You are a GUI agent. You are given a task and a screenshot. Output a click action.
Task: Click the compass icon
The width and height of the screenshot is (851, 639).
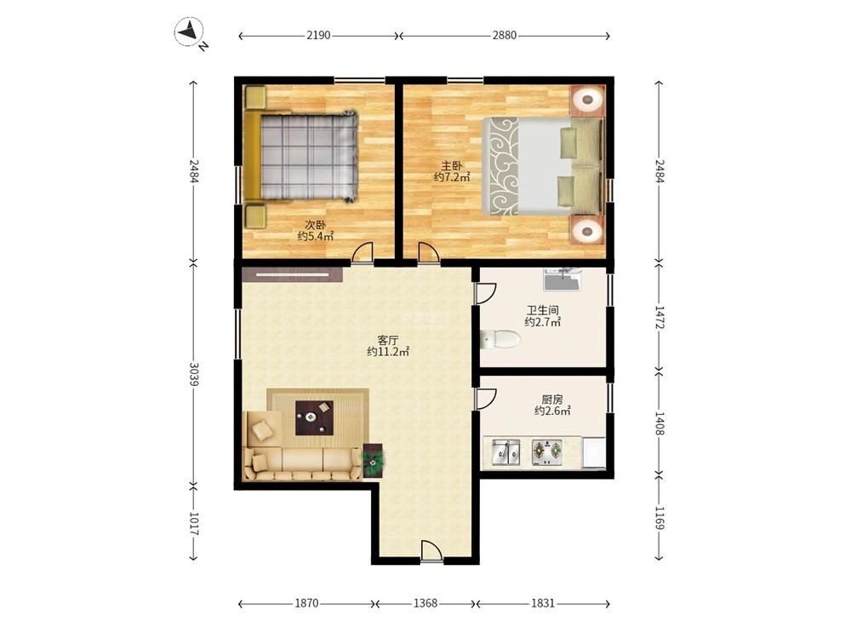pyautogui.click(x=189, y=32)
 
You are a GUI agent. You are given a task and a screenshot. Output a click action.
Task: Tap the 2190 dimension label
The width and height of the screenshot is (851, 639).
pyautogui.click(x=318, y=36)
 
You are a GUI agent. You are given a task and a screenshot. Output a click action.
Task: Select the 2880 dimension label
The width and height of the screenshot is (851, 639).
pyautogui.click(x=504, y=36)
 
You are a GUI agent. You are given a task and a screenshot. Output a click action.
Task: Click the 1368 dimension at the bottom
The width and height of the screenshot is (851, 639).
pyautogui.click(x=425, y=603)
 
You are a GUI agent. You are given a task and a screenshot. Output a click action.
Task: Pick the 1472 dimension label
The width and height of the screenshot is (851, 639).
pyautogui.click(x=659, y=317)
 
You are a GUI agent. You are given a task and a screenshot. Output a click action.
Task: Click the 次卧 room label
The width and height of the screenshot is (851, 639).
pyautogui.click(x=316, y=224)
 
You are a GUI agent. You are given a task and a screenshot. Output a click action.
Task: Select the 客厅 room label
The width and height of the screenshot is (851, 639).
pyautogui.click(x=388, y=341)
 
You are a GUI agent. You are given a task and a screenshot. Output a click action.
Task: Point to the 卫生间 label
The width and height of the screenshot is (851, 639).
pyautogui.click(x=543, y=310)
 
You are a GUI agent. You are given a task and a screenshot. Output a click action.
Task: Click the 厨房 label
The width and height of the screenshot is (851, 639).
pyautogui.click(x=552, y=400)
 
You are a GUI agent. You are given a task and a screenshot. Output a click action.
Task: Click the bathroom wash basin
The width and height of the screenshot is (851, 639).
pyautogui.click(x=563, y=279)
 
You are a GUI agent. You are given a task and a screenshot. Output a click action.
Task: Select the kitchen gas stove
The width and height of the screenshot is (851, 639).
pyautogui.click(x=547, y=452)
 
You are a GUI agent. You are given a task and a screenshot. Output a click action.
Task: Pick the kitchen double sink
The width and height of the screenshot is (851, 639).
pyautogui.click(x=505, y=452)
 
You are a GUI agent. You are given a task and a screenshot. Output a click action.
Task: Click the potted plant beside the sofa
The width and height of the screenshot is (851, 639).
pyautogui.click(x=373, y=460)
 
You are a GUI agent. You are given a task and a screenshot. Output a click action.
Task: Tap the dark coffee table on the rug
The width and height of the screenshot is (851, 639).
pyautogui.click(x=314, y=417)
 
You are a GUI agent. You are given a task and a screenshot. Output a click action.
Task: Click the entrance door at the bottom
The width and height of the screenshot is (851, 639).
pyautogui.click(x=431, y=551)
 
